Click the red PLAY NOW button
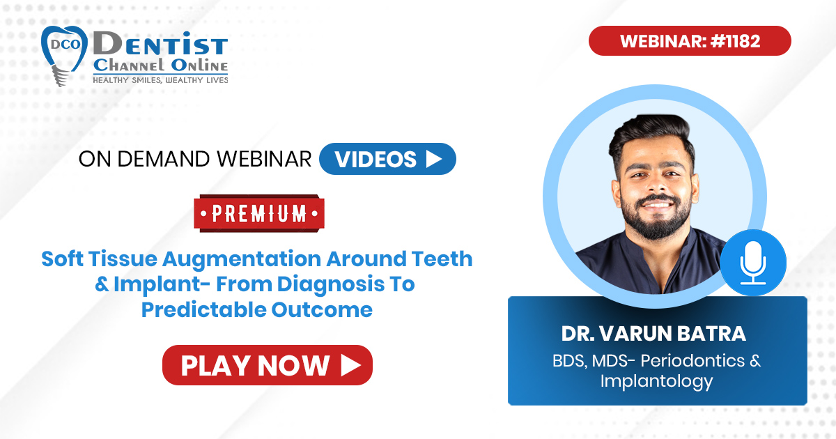(x=268, y=365)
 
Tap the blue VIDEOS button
(x=387, y=159)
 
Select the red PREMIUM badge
(x=259, y=213)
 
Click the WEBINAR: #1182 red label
(x=690, y=40)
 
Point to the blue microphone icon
(x=753, y=263)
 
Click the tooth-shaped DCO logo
(x=63, y=55)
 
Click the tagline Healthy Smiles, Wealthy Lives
(x=160, y=80)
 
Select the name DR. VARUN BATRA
(x=654, y=334)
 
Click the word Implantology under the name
(x=657, y=382)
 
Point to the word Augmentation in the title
(x=242, y=259)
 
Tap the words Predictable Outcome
(x=257, y=310)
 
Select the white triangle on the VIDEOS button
(x=434, y=159)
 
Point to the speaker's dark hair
(x=651, y=134)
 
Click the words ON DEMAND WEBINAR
(x=195, y=159)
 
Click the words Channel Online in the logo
(x=160, y=66)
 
